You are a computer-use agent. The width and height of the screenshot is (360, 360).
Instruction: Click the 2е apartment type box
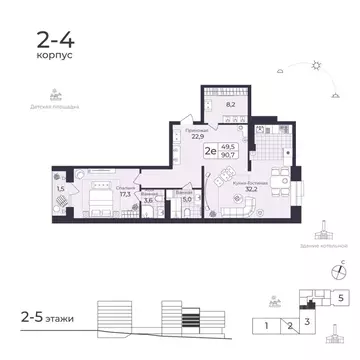point(212,151)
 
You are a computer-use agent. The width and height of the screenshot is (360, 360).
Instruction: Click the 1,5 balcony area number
point(61,188)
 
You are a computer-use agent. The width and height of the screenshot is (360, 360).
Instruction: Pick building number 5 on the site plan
point(341,298)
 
